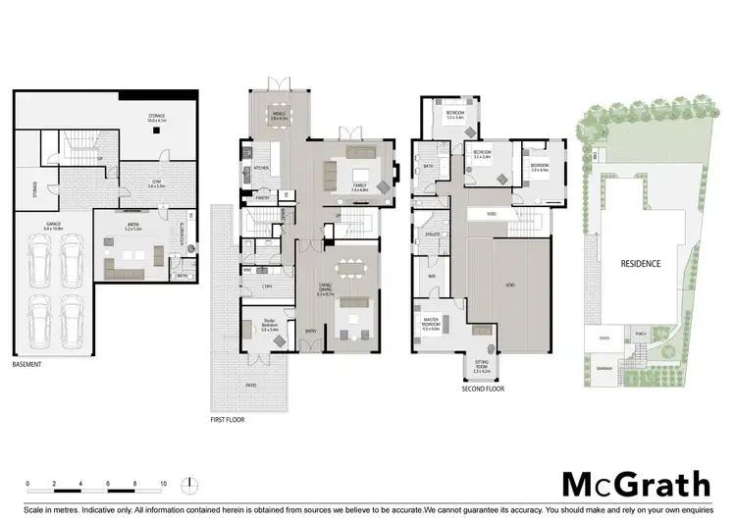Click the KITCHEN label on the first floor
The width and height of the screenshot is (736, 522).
pos(262,168)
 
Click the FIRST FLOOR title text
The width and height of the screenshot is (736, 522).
pos(228,420)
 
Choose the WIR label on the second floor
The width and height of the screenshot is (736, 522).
pos(431,277)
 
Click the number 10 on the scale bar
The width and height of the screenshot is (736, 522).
pos(162,484)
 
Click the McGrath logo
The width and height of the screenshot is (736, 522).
pos(635,484)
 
